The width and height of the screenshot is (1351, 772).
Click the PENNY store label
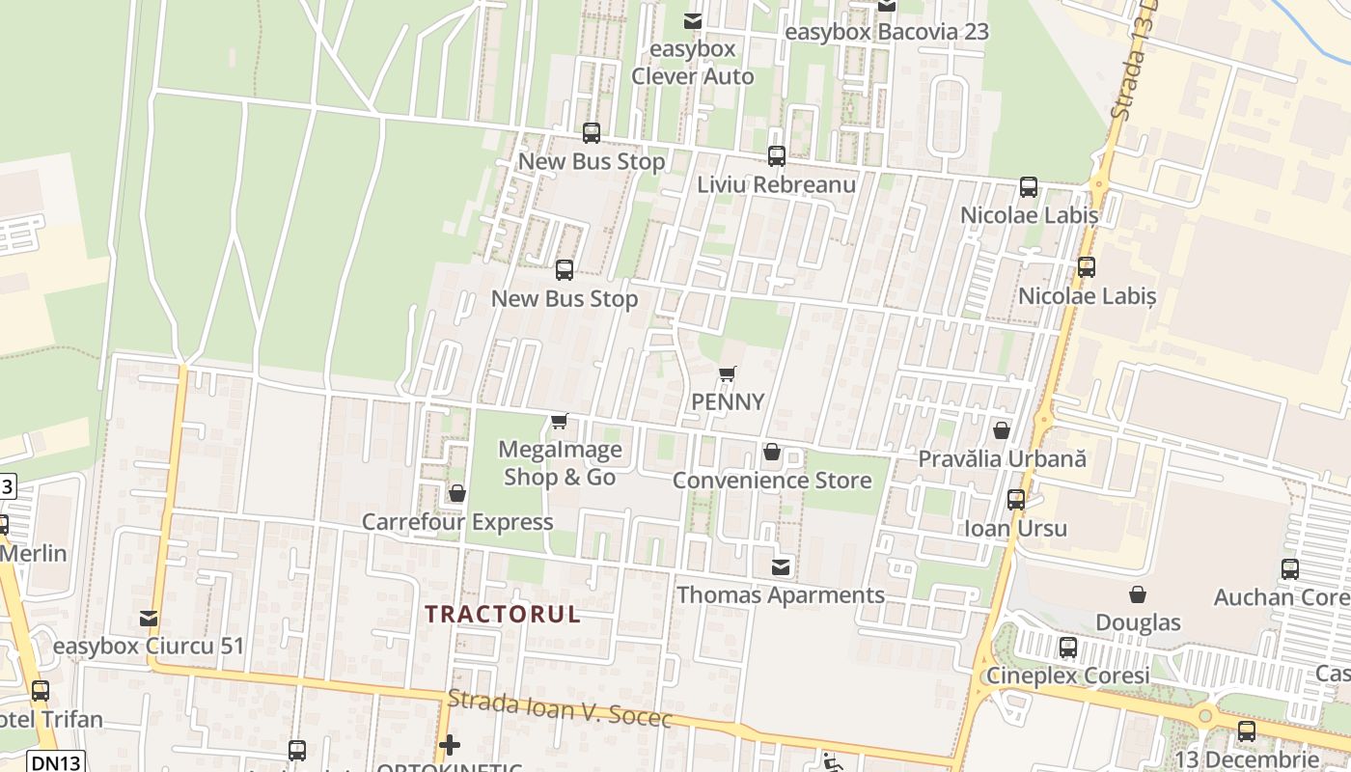pos(728,401)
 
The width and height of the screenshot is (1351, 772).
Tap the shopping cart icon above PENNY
pos(728,373)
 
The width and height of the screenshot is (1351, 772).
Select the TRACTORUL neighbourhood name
pos(503,614)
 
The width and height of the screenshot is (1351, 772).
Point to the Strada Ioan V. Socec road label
pos(560,709)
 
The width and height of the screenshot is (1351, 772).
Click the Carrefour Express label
pos(457,522)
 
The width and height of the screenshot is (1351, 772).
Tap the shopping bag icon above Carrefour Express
pos(457,494)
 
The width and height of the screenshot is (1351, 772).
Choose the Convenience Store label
pos(771,480)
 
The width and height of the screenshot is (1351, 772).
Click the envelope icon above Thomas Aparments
pos(781,566)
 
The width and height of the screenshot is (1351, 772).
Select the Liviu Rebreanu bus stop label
pos(776,183)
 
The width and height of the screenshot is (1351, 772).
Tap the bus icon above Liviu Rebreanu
pos(776,155)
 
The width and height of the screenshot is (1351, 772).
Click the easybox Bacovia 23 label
pos(887,32)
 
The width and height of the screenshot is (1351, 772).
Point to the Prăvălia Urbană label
pos(1002,458)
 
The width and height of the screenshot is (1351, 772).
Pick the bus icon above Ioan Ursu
pos(1015,499)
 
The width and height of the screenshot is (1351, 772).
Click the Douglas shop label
pos(1139,622)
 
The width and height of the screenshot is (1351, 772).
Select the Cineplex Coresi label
pos(1067,675)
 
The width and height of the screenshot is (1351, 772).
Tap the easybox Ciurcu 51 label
pos(149,646)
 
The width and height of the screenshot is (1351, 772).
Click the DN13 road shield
pos(56,761)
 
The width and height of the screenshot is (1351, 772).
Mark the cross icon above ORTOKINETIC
pos(449,745)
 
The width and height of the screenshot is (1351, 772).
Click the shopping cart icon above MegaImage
pos(559,421)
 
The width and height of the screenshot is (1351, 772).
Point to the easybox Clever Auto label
pos(692,63)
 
